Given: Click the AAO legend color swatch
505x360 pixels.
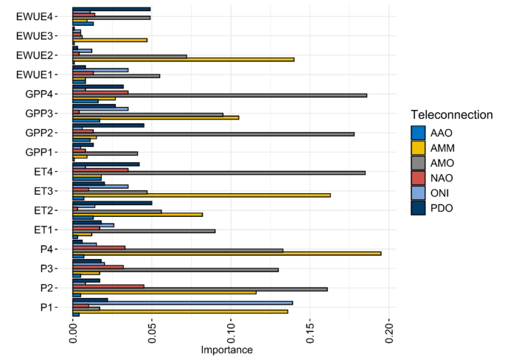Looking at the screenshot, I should pyautogui.click(x=419, y=133).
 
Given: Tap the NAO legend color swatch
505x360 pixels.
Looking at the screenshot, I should pyautogui.click(x=419, y=178).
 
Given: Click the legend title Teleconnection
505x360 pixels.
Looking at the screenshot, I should pyautogui.click(x=450, y=114).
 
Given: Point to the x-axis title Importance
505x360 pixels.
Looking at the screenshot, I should pyautogui.click(x=226, y=350).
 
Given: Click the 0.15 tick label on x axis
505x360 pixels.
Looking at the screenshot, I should pyautogui.click(x=310, y=333).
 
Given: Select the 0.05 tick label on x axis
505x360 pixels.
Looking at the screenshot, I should pyautogui.click(x=151, y=333).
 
